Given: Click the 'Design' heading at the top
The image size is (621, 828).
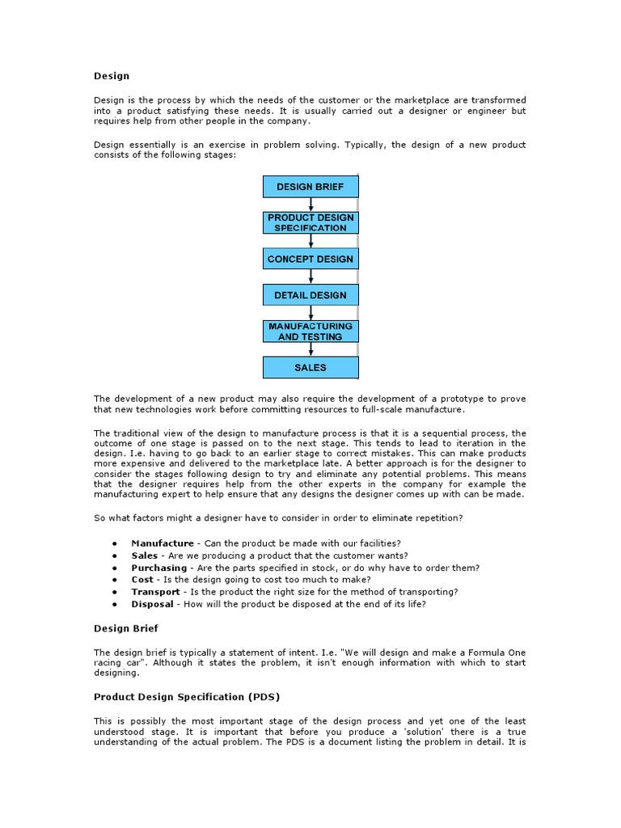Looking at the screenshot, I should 112,76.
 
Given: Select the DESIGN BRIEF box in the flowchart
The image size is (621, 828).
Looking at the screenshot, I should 310,187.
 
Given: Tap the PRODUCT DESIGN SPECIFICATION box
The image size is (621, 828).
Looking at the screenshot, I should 310,223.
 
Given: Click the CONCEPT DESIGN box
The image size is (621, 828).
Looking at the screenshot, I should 310,259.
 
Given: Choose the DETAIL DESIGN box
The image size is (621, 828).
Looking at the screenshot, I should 310,295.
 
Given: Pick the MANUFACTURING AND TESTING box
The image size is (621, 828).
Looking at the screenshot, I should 310,332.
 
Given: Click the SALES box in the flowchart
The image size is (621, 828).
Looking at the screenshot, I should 310,367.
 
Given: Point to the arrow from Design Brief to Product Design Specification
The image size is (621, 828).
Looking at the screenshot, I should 311,205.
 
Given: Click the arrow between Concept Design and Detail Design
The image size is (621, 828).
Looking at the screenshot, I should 311,277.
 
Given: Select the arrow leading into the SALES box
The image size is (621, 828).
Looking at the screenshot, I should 311,349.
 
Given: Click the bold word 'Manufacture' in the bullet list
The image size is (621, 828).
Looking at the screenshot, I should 163,543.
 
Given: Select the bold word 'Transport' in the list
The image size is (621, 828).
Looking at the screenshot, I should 156,592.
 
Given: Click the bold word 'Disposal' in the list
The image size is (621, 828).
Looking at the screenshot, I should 153,604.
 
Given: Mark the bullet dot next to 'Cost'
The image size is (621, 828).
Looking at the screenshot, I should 116,580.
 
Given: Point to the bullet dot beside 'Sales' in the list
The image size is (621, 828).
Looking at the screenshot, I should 116,556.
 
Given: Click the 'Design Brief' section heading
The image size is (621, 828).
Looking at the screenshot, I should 126,628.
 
